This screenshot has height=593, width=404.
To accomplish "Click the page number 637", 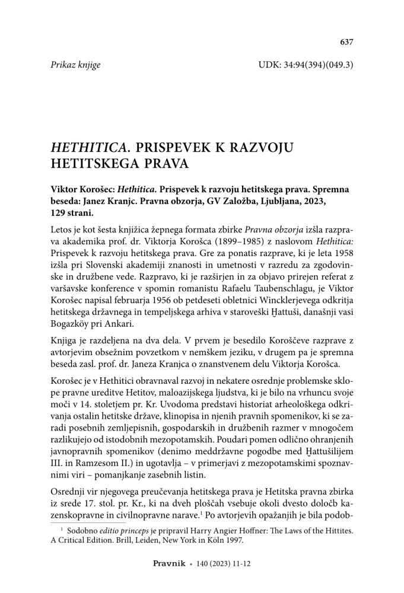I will point(346,42).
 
